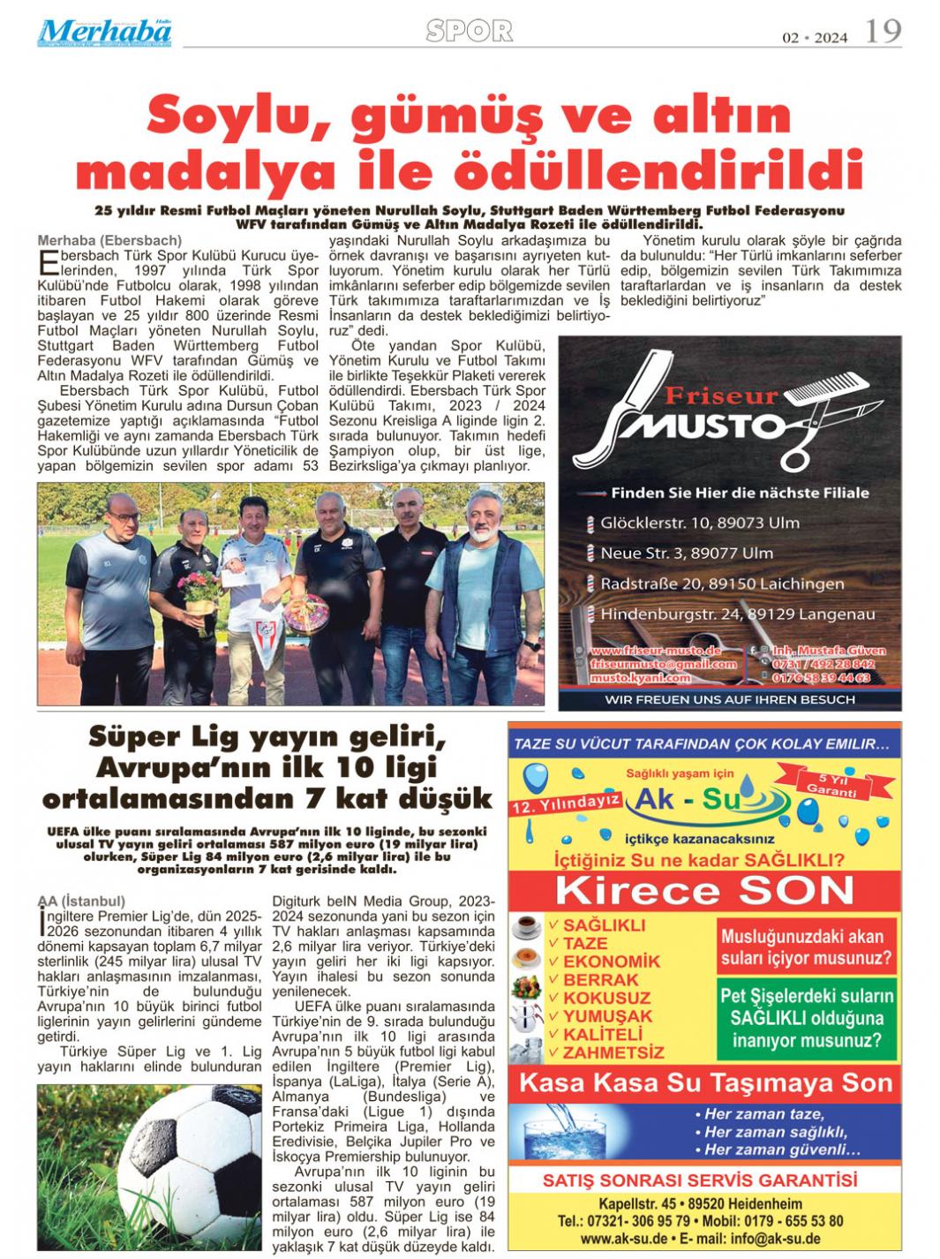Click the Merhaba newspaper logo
point(104,32)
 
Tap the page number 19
point(883,32)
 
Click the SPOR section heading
point(469,31)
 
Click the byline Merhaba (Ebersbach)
point(109,240)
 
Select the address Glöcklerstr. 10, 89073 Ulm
point(699,523)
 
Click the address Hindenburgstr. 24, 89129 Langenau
point(737,614)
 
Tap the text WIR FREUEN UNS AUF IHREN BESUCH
point(729,699)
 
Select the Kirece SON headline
point(704,890)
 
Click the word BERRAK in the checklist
point(600,979)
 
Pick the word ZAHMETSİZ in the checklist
point(613,1052)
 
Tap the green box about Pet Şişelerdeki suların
point(807,1018)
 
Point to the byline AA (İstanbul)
point(82,901)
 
